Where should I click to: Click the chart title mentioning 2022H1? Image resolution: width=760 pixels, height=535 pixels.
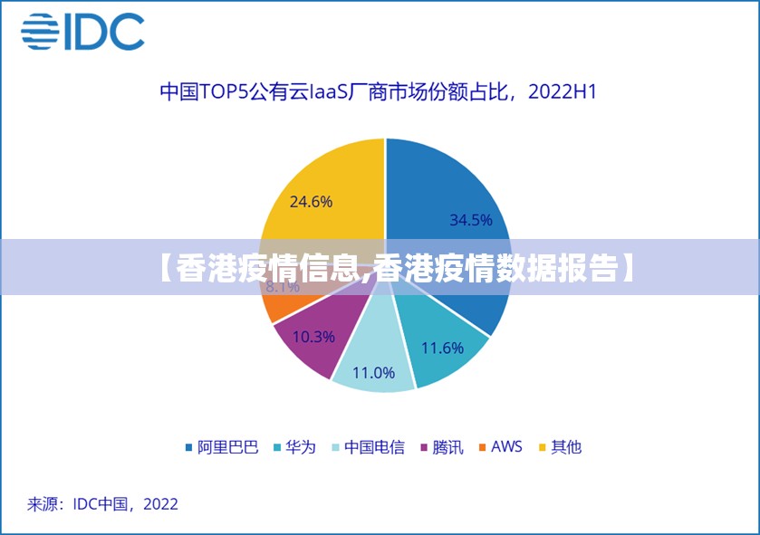click(378, 91)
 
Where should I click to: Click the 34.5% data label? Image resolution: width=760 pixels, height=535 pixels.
click(470, 220)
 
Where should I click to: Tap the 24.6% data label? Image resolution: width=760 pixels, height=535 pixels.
click(311, 202)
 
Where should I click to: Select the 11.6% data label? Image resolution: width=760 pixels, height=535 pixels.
click(442, 348)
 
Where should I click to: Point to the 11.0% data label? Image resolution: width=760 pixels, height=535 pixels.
click(373, 372)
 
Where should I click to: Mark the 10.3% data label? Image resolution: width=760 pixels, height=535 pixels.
click(313, 337)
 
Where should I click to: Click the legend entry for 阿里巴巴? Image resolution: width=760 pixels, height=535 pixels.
click(222, 447)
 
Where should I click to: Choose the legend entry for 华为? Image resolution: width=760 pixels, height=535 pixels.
click(293, 447)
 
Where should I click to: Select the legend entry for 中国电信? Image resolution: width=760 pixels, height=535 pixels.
click(367, 447)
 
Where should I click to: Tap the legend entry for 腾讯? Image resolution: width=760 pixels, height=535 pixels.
click(441, 447)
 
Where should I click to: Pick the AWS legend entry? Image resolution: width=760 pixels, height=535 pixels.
click(501, 447)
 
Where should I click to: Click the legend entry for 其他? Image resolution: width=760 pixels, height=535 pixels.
click(560, 447)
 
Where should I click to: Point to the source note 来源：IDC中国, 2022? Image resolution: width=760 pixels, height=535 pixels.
click(102, 504)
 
